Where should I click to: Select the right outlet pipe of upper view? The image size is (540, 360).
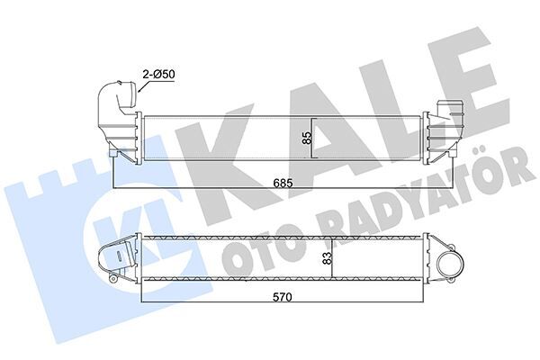click(449, 114)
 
